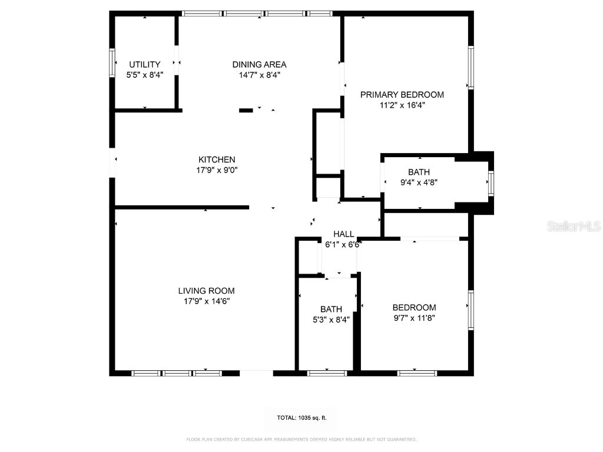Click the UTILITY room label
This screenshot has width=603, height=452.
tap(145, 64)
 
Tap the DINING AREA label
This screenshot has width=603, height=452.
tap(259, 64)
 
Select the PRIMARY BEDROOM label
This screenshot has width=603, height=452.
tap(402, 94)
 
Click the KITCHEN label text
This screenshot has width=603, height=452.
tap(217, 159)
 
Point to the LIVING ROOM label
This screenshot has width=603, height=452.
tap(206, 290)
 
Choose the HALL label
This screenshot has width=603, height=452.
tap(344, 234)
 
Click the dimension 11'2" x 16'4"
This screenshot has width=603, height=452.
tap(402, 105)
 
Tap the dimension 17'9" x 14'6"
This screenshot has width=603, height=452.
tap(206, 301)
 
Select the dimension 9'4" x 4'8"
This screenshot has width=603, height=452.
tap(419, 182)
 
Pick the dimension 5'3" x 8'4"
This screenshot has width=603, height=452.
tap(331, 320)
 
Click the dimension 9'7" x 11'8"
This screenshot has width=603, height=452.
tap(414, 318)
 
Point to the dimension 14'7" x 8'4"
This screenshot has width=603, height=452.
tap(259, 75)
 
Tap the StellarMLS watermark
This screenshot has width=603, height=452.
tap(573, 226)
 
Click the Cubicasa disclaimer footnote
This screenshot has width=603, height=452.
tap(301, 439)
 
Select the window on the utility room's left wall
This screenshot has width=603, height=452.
tap(111, 62)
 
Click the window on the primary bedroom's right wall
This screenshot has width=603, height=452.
tap(471, 68)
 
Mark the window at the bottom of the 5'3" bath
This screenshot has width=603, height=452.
tap(327, 373)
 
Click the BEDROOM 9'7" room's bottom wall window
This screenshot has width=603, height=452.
tap(418, 373)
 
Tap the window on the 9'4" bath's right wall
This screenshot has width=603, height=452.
tap(491, 184)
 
